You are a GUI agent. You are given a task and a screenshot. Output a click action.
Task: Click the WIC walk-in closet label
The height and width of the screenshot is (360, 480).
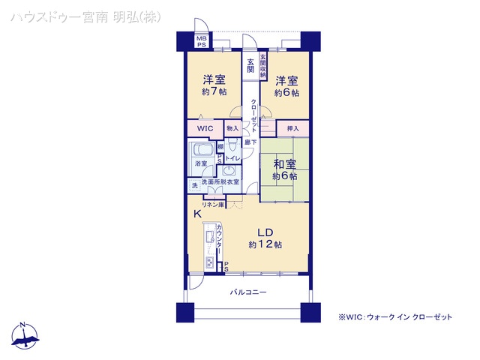(x=205, y=129)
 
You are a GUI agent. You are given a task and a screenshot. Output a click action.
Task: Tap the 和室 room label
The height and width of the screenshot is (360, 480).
(x=284, y=163)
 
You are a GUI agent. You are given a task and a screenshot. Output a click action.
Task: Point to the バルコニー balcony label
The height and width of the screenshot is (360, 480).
(x=248, y=292)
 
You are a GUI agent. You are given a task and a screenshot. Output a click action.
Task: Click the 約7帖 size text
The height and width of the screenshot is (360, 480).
(x=214, y=92)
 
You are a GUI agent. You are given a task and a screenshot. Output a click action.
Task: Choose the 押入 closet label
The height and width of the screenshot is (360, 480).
(x=292, y=129)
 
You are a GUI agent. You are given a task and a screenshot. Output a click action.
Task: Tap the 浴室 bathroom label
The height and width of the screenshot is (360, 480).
(x=202, y=163)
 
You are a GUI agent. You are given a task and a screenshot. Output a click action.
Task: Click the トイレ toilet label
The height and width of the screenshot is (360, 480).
(x=232, y=159)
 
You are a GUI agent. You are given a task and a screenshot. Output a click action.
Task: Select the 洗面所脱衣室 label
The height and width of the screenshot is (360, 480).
(x=220, y=182)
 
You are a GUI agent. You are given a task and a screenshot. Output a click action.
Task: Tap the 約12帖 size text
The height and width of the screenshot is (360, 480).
(x=265, y=245)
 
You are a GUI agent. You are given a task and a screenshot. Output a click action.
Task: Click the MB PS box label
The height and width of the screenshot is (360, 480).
(x=201, y=41)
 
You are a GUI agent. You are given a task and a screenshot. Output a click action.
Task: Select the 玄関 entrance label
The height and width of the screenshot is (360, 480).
(x=250, y=67)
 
